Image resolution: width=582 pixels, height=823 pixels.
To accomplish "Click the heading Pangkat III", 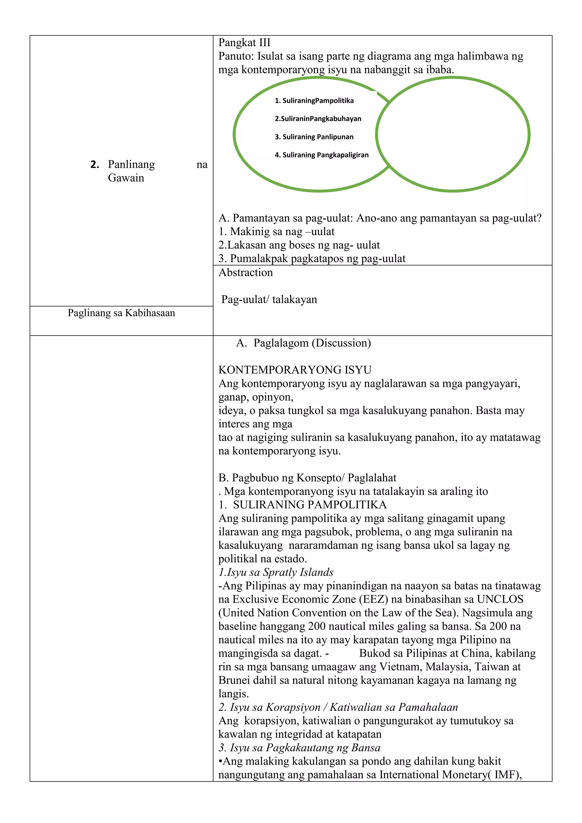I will click(244, 43).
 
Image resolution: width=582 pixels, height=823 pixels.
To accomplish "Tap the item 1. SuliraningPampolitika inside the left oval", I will click(314, 101).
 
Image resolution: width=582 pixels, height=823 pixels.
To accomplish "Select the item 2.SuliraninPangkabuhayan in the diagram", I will click(318, 119).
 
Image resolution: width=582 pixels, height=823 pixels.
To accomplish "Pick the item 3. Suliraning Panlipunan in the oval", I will click(314, 137).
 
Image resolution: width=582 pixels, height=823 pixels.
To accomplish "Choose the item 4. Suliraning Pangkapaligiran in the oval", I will click(321, 155).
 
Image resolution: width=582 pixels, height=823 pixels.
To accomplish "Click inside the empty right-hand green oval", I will click(453, 134).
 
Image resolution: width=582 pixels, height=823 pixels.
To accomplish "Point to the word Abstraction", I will click(246, 273).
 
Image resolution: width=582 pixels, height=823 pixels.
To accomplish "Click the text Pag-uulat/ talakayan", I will click(269, 299).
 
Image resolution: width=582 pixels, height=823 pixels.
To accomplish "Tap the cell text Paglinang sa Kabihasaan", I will click(121, 313).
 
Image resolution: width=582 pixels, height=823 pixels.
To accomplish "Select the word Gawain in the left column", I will click(126, 178).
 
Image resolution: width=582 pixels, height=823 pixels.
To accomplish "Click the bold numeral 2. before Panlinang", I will click(95, 165).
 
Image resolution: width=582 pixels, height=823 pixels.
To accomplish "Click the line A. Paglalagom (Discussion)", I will click(303, 343).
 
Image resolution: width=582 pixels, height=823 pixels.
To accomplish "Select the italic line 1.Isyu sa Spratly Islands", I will click(276, 572).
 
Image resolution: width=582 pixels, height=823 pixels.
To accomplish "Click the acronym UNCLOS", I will click(500, 599).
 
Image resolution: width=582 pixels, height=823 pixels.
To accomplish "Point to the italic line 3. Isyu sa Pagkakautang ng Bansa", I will click(299, 748).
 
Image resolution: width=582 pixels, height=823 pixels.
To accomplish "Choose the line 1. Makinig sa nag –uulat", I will click(276, 232).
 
